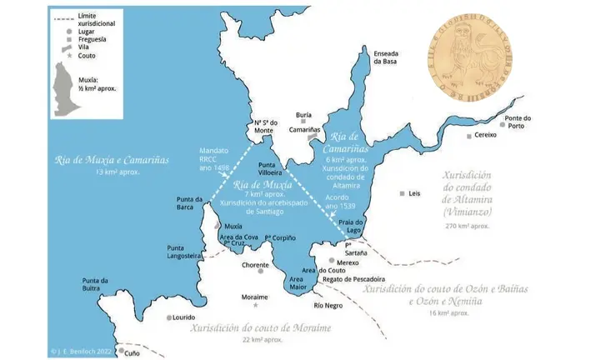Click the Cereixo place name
(x=485, y=135)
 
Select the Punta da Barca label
(x=191, y=203)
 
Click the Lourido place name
(x=183, y=317)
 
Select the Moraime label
(x=255, y=297)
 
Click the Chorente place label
(x=255, y=265)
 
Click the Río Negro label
(x=328, y=305)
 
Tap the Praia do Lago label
(x=350, y=227)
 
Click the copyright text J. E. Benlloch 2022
(x=89, y=352)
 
